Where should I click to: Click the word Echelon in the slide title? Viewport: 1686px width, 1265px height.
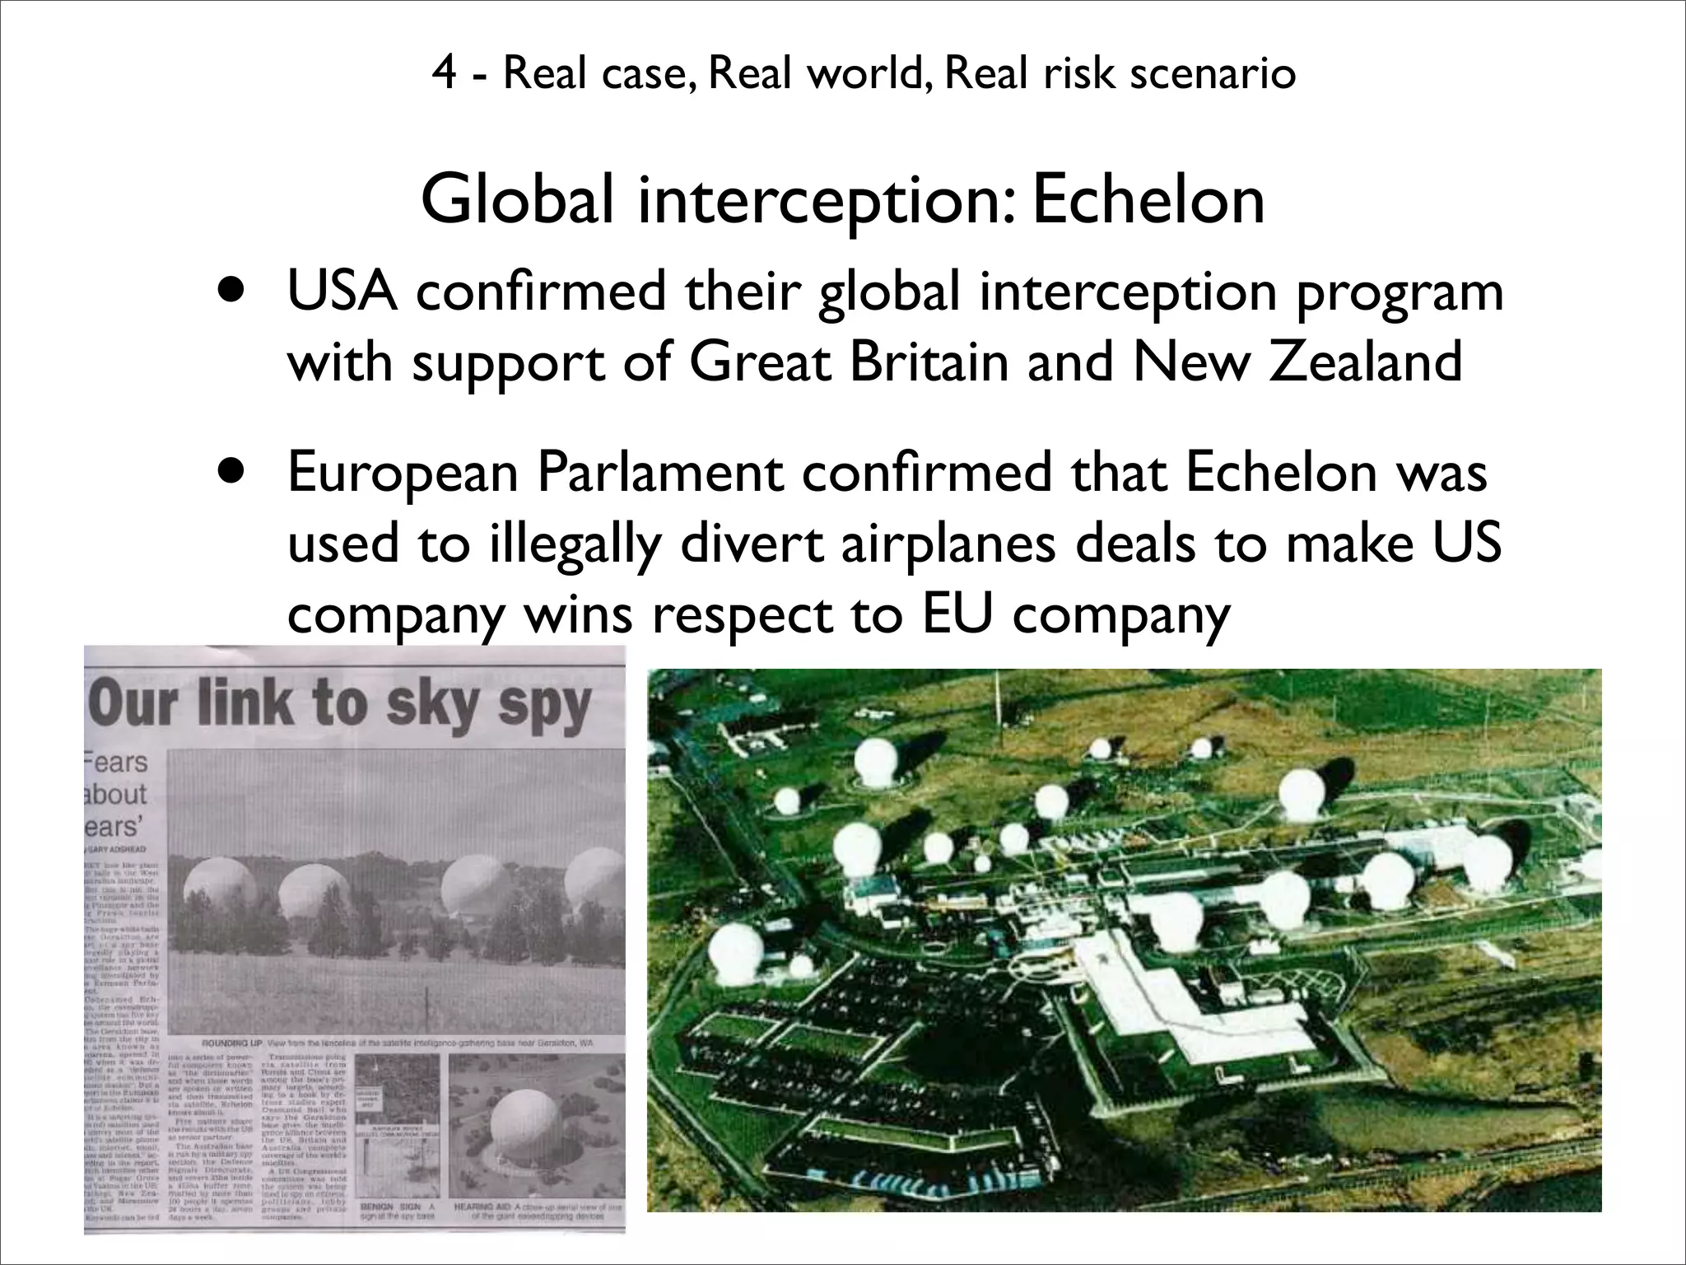pyautogui.click(x=1148, y=200)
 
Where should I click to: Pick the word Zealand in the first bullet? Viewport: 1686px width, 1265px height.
pyautogui.click(x=1365, y=362)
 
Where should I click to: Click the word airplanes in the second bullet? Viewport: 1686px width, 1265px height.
pyautogui.click(x=947, y=544)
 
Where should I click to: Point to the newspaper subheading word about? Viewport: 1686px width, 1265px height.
pyautogui.click(x=115, y=794)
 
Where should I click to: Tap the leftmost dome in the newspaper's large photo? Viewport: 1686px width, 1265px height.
pyautogui.click(x=212, y=895)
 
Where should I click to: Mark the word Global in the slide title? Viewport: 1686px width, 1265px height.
pyautogui.click(x=517, y=200)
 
